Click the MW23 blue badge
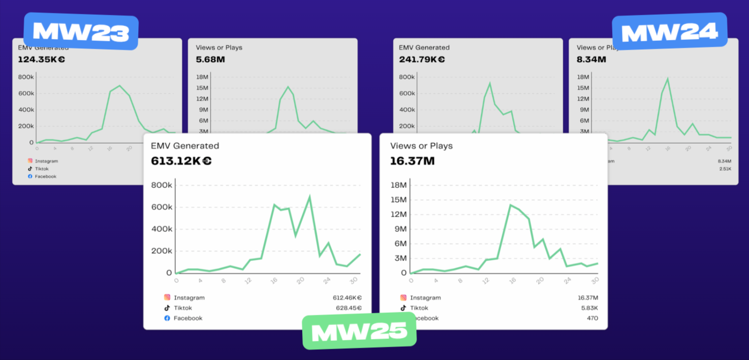click(x=81, y=31)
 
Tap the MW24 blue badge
click(x=669, y=31)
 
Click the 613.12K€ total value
click(x=181, y=161)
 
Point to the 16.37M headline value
click(x=412, y=161)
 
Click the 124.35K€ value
click(x=41, y=60)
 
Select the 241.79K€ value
click(x=422, y=60)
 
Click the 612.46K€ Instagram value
click(x=347, y=298)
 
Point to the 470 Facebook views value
click(x=592, y=318)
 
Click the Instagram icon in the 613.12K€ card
click(x=167, y=298)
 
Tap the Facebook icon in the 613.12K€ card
click(x=167, y=318)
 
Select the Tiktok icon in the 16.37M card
click(x=404, y=308)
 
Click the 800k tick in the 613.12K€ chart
click(x=162, y=185)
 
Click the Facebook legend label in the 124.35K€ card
click(x=45, y=177)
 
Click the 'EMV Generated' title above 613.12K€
click(x=185, y=146)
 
